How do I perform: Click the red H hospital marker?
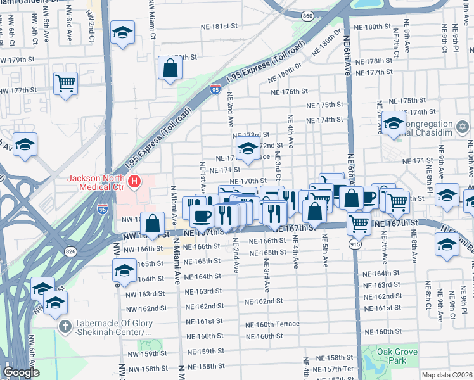coord(134,182)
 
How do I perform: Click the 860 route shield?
coord(307,15)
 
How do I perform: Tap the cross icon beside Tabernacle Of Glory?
coord(63,326)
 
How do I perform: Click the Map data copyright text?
coord(447,374)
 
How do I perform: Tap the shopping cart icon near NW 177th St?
coord(66,82)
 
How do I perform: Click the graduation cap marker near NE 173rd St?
coord(247,150)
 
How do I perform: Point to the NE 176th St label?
coord(288,92)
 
